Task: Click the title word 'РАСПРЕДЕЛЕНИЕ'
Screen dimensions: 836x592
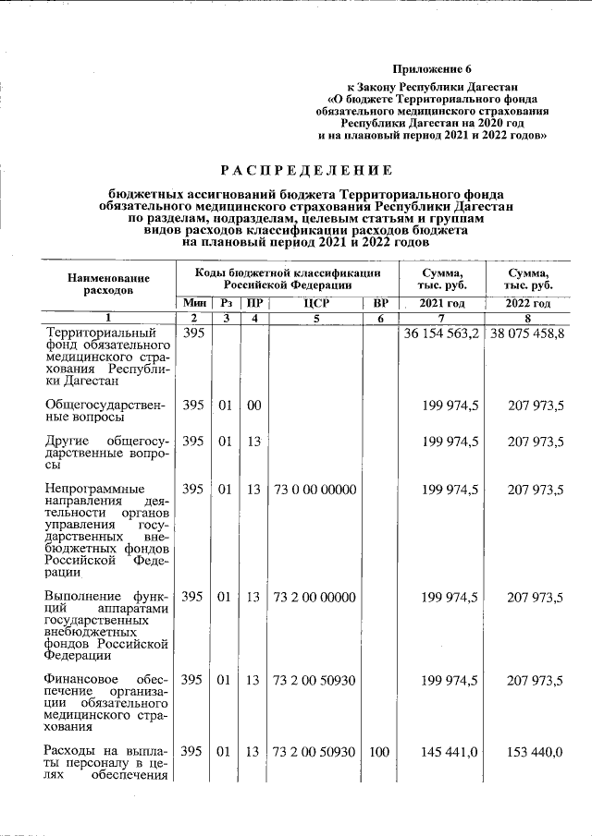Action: [x=305, y=170]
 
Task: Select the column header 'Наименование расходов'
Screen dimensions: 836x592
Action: [x=108, y=284]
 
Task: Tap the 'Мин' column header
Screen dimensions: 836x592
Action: [x=194, y=303]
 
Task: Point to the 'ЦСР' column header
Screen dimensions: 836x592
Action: [x=315, y=303]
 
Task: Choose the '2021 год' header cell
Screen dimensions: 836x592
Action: [x=442, y=303]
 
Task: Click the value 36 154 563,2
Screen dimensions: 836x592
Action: [x=441, y=333]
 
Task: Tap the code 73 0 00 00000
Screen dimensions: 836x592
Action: [x=314, y=489]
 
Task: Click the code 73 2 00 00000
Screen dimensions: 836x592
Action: [x=314, y=598]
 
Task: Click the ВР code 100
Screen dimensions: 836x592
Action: [x=379, y=752]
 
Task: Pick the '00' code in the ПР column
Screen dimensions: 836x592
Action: [x=253, y=404]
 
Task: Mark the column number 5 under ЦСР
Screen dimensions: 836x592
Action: [x=315, y=318]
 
